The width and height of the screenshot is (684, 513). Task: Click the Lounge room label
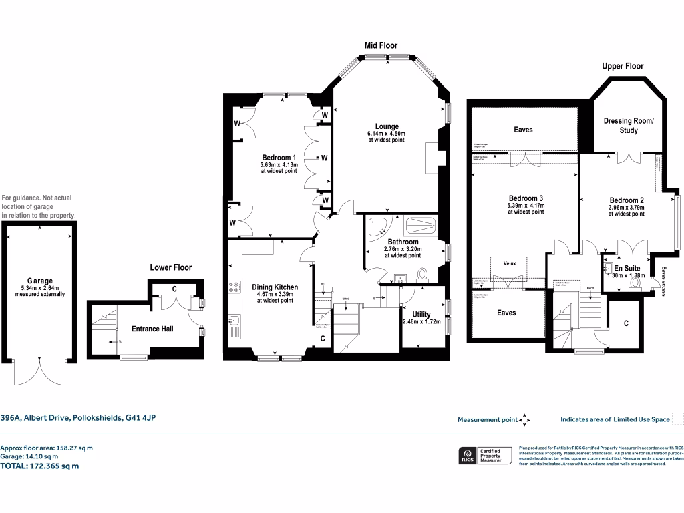(x=387, y=126)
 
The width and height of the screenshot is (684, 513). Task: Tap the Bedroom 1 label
(x=279, y=157)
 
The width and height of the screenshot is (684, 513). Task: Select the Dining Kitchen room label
(x=275, y=287)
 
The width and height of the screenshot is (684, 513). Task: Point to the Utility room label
(x=421, y=314)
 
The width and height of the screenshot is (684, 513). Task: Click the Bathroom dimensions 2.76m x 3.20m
(x=402, y=249)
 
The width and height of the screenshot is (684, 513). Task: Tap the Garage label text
(x=40, y=281)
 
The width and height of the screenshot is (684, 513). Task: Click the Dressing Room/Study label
(x=629, y=126)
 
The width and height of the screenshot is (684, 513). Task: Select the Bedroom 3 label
(x=526, y=198)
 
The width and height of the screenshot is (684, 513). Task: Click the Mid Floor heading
(x=381, y=45)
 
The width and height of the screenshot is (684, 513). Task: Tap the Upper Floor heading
(x=623, y=66)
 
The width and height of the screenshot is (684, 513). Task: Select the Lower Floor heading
(x=170, y=267)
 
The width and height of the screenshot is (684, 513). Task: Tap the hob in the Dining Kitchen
(x=235, y=287)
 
